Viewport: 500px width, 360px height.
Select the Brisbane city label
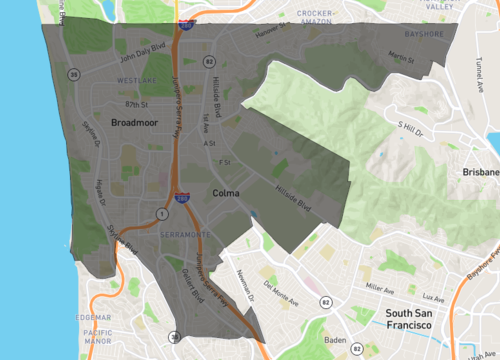(x=476, y=172)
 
